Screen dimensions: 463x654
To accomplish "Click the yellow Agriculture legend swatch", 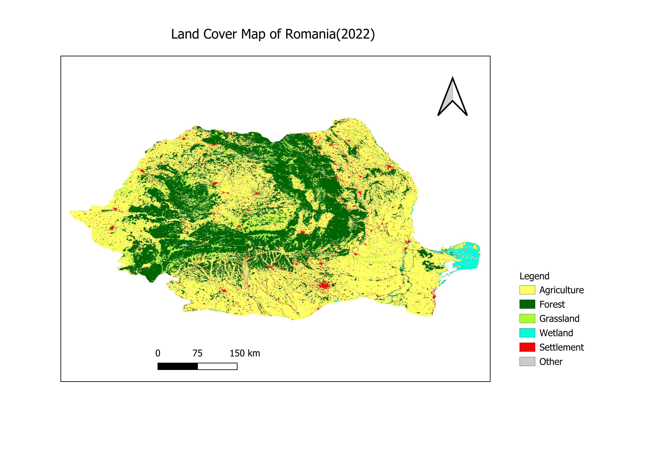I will [x=527, y=290].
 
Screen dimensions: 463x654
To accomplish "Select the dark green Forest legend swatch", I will [x=527, y=304].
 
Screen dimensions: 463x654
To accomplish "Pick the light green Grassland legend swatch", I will [x=527, y=318].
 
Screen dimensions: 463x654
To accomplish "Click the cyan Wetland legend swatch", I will [x=527, y=333].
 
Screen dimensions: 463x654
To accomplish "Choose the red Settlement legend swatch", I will [x=527, y=347].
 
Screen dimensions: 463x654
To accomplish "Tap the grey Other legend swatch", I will [x=527, y=361].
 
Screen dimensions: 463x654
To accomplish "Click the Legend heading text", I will [x=534, y=276].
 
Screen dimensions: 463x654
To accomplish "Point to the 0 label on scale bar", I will [x=158, y=354].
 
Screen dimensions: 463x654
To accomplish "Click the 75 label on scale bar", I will [x=197, y=354].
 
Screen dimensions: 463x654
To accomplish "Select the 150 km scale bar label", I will [x=245, y=354].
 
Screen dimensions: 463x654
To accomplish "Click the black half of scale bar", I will [x=178, y=366].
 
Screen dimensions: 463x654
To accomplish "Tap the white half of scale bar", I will [x=217, y=366].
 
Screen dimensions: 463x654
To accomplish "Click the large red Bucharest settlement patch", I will [x=324, y=285].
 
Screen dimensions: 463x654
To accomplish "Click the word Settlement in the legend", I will [x=562, y=347].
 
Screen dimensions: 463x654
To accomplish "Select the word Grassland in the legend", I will [x=559, y=318].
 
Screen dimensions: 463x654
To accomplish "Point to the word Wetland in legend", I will [x=556, y=333].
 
